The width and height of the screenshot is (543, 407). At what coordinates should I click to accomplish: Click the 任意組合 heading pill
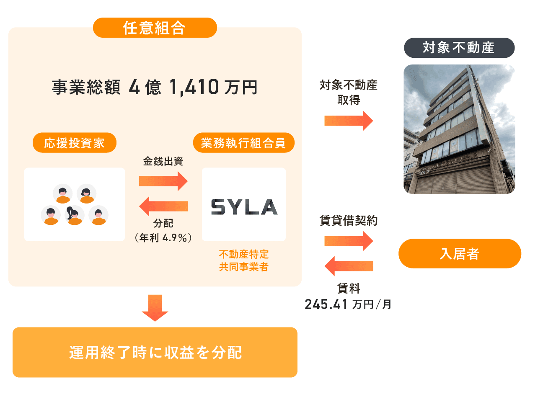(155, 28)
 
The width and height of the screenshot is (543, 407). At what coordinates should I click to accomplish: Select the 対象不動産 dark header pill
(459, 48)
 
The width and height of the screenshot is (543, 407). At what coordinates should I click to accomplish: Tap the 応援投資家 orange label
(74, 143)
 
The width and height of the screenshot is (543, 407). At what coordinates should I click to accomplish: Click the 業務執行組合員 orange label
(243, 143)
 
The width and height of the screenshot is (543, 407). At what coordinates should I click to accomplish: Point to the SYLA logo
(244, 206)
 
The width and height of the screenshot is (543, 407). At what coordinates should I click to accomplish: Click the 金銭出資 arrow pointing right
(163, 181)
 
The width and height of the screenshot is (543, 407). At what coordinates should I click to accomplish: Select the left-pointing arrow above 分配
(163, 206)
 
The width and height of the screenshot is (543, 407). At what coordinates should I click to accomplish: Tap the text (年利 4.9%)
(163, 238)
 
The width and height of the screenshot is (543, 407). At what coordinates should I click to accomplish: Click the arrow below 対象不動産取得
(349, 121)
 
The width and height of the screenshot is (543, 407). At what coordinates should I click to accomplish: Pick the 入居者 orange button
(460, 254)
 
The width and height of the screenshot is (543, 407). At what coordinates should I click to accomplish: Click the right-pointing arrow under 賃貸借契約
(349, 241)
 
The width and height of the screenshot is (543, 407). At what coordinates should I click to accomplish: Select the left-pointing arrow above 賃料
(349, 266)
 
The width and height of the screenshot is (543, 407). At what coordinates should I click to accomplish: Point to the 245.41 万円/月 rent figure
(348, 304)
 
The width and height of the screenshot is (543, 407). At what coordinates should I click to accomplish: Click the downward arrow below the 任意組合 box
(155, 308)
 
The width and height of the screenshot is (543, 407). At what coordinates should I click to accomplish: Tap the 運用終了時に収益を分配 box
(155, 352)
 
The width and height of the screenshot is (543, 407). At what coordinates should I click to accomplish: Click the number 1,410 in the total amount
(194, 87)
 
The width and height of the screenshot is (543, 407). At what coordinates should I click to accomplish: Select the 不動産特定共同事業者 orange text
(243, 260)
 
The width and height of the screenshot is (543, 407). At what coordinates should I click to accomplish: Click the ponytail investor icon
(74, 215)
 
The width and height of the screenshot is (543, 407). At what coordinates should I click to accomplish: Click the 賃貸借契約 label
(349, 221)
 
